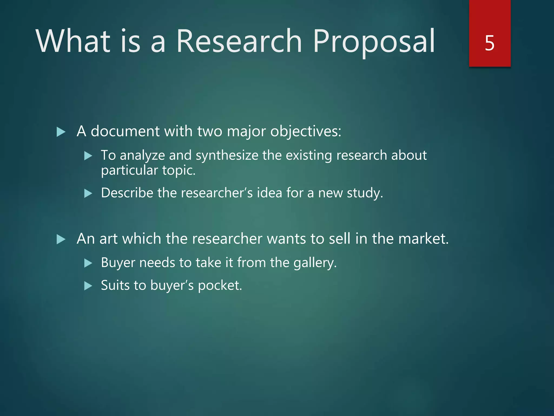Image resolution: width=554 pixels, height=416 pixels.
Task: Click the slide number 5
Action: click(490, 43)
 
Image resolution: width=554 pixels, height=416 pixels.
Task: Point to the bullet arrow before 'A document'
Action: click(61, 132)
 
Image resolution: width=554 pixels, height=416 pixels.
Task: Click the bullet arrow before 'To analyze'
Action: click(88, 156)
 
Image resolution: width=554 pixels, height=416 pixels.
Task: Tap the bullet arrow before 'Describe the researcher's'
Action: click(88, 193)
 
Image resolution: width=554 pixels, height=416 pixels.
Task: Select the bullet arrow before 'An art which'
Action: click(61, 239)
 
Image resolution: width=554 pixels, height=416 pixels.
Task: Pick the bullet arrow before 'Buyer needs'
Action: click(88, 263)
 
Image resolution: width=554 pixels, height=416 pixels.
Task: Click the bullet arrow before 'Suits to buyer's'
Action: click(88, 286)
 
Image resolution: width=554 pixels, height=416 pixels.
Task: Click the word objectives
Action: click(306, 132)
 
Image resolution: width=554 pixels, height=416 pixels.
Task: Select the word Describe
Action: click(127, 193)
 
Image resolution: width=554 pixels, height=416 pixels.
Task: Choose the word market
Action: click(423, 239)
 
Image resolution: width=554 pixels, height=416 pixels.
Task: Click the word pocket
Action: click(220, 286)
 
